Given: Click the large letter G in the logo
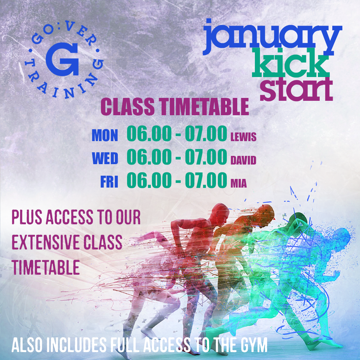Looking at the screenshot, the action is [x=62, y=59].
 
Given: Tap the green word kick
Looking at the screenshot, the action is [x=291, y=63].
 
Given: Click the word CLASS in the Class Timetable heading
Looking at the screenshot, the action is [x=127, y=107].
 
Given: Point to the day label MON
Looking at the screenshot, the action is [x=105, y=135].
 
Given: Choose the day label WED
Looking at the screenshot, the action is [x=105, y=158].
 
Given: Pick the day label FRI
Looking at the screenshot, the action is [x=109, y=182].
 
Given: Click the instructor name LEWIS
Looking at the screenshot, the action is [x=243, y=137].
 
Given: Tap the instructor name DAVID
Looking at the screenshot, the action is [x=243, y=161].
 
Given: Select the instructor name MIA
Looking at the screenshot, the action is [x=239, y=184].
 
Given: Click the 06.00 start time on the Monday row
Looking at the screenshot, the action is [x=149, y=134].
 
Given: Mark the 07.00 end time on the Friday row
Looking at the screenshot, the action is [x=206, y=180].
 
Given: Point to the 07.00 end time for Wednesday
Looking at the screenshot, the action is [x=206, y=157].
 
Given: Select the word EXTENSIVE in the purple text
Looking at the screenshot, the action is [x=46, y=242].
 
